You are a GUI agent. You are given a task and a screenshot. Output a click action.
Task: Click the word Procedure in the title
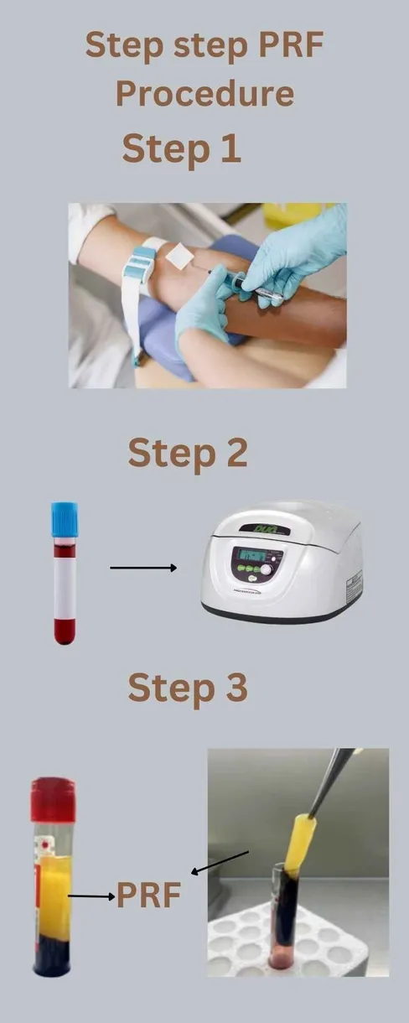204,95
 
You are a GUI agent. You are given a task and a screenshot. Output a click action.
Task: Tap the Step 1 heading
182,149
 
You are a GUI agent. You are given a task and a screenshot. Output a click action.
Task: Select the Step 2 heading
188,453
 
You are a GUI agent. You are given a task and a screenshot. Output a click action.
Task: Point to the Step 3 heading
188,688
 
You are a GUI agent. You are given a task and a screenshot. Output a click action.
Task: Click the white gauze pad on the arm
179,256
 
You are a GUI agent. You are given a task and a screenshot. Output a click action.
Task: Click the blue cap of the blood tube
65,520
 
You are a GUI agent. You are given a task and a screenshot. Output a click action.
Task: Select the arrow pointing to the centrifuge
143,568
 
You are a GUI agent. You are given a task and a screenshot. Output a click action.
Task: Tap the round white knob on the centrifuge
267,569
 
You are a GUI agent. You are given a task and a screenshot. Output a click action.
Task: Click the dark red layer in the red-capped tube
53,956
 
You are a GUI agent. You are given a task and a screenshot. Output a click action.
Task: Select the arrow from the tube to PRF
91,896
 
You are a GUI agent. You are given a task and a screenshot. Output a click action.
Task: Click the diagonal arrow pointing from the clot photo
220,862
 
